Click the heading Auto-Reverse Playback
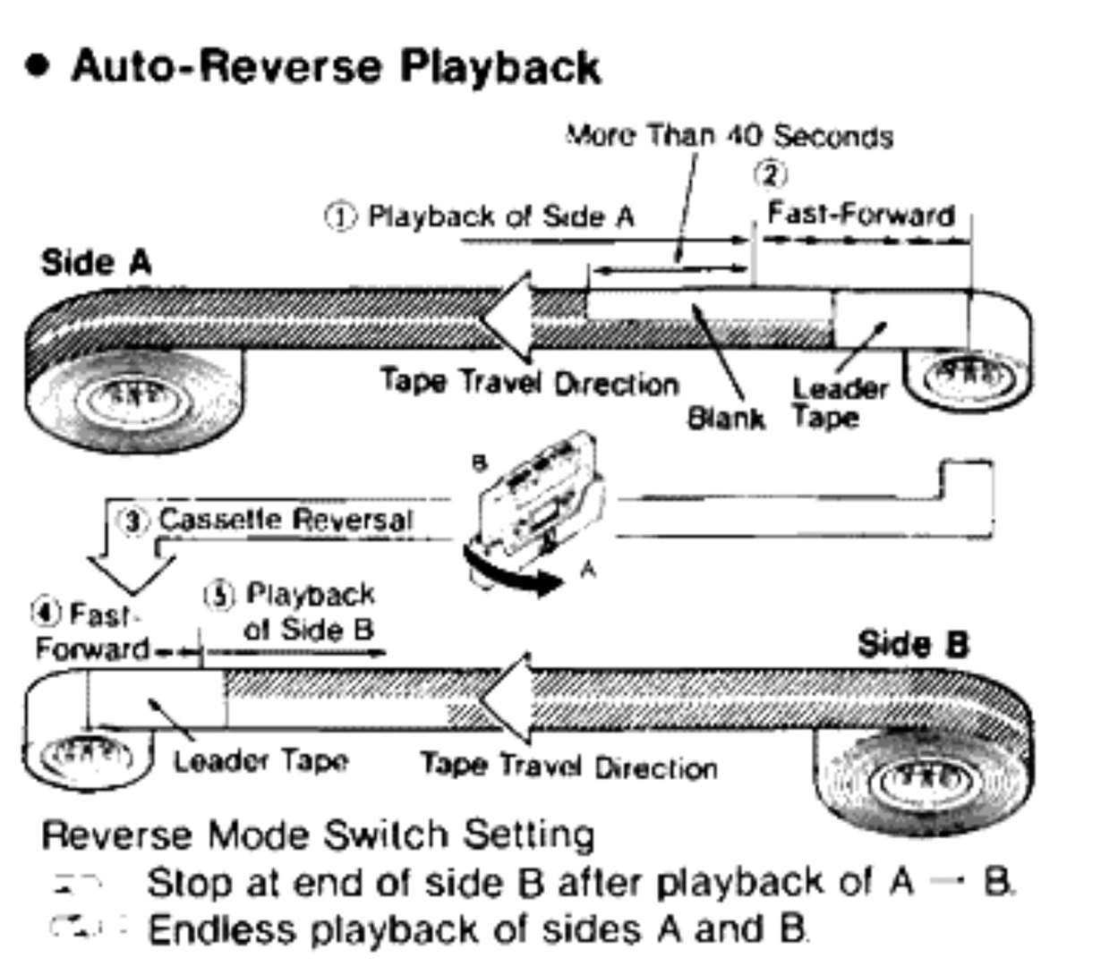coord(336,67)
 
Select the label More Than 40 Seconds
coord(730,137)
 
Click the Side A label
coord(97,263)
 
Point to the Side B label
coord(913,645)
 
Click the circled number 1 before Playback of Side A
coord(340,217)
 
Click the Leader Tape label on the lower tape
coord(260,762)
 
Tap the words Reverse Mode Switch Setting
coord(318,835)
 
